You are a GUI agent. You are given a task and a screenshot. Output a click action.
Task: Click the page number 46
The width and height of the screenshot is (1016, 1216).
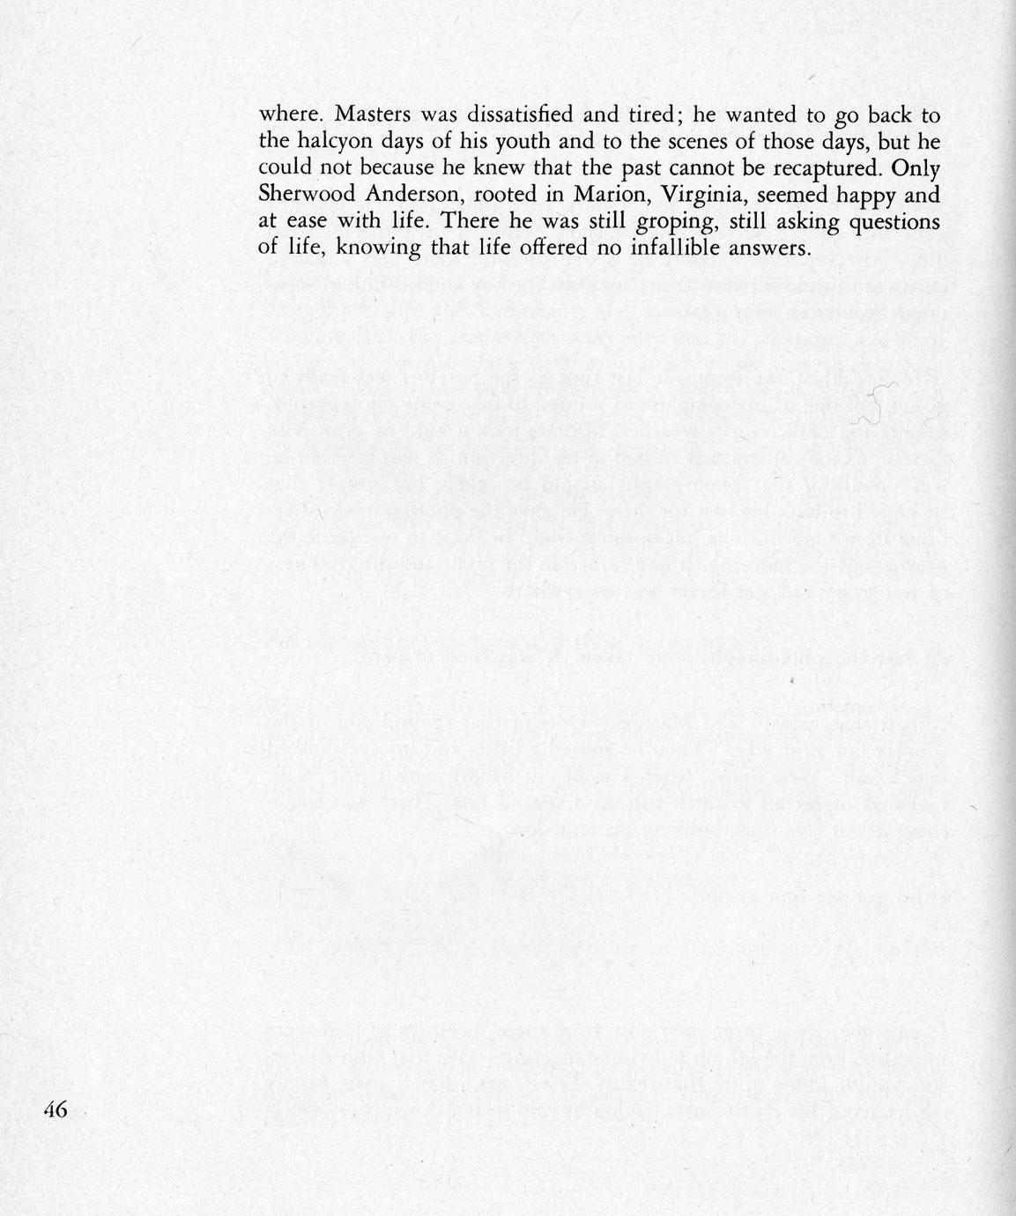(56, 1109)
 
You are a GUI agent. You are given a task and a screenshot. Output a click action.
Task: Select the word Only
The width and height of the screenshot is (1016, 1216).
(916, 167)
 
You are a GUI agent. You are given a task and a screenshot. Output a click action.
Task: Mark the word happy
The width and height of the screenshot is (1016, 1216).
(849, 195)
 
